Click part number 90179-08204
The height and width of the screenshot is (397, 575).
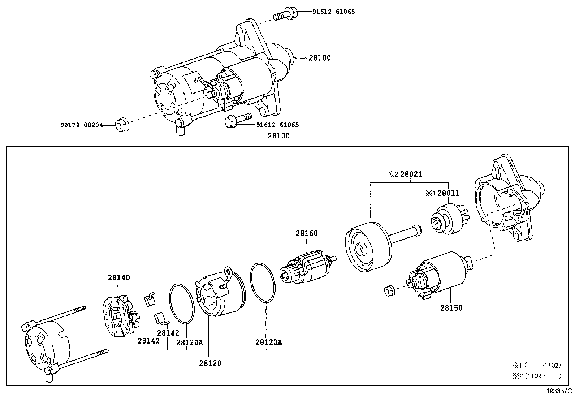81,125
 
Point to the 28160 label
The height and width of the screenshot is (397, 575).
307,233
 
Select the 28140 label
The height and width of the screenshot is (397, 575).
118,278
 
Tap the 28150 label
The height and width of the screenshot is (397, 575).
451,308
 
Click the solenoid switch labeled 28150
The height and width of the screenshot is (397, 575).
439,275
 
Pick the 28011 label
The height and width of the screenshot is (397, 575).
448,193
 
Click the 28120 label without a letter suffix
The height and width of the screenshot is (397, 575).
210,363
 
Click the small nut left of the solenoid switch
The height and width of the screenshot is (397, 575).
389,290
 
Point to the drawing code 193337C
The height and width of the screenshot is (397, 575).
559,391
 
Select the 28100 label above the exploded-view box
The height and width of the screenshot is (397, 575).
278,136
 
